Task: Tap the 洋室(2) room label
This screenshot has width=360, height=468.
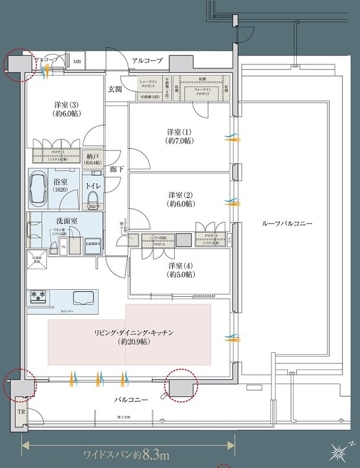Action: click(x=181, y=199)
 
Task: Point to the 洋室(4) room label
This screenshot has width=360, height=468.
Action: click(x=180, y=269)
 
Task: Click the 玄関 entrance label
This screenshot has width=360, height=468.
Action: click(x=114, y=89)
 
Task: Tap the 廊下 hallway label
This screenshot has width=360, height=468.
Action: click(x=116, y=169)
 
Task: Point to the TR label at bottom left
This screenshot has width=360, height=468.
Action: click(x=21, y=411)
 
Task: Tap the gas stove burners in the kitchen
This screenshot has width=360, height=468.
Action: click(x=39, y=296)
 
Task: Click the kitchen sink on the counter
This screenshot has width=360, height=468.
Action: click(x=82, y=296)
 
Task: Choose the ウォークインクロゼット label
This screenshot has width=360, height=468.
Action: click(x=202, y=91)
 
